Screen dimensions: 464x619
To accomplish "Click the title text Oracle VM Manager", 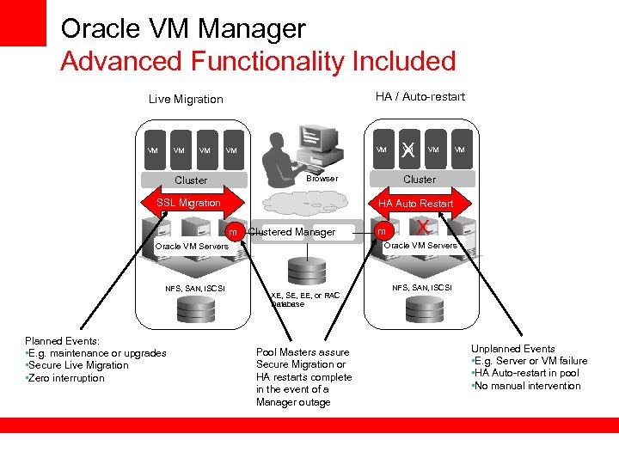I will click(183, 29).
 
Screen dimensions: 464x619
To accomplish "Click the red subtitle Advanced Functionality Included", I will click(258, 62).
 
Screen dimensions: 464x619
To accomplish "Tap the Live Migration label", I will click(186, 99).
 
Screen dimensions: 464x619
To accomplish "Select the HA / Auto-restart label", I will click(420, 96).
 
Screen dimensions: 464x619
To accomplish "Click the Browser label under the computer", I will click(322, 179).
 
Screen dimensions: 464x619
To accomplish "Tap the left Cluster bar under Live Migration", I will click(191, 180).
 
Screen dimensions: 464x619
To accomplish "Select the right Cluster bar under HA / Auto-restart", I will click(420, 180).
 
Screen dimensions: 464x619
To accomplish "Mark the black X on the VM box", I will click(408, 150).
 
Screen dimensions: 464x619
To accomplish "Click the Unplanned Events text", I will click(512, 349).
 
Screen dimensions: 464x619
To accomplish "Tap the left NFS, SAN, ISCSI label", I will click(195, 288).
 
